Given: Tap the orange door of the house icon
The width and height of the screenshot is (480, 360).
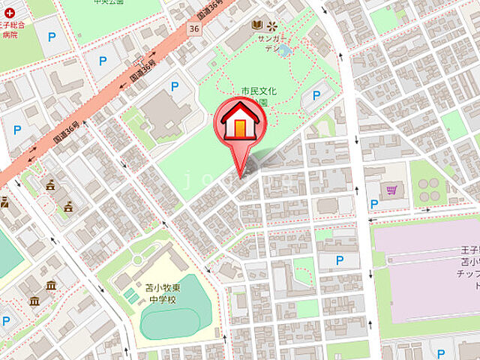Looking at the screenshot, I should (238, 128).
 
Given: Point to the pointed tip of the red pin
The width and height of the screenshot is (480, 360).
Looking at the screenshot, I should (239, 178).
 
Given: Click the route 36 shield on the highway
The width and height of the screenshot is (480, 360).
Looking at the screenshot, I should (194, 28).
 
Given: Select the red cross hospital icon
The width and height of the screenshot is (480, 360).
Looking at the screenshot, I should (8, 13).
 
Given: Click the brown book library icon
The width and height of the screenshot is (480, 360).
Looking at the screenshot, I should (257, 24).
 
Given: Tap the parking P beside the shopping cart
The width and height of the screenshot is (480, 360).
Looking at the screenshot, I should (373, 204).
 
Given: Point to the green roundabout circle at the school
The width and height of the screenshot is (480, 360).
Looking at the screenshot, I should (138, 259).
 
